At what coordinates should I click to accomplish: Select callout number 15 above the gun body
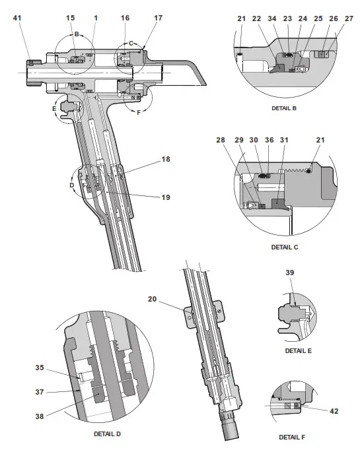tap(71, 18)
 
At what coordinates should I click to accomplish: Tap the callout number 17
tap(157, 18)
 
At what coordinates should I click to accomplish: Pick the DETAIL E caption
tap(298, 350)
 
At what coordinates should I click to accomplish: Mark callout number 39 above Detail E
tap(289, 272)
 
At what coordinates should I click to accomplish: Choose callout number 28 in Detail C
tap(220, 141)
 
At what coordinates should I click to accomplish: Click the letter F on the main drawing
tap(138, 113)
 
